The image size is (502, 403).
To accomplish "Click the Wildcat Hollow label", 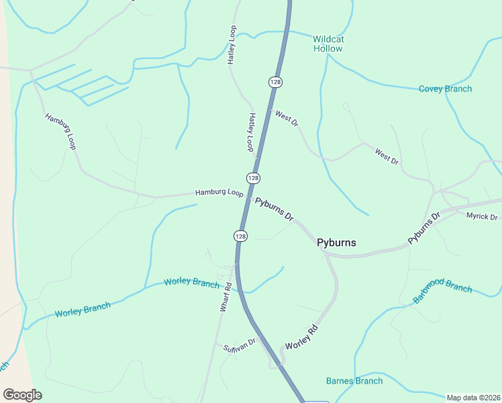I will (328, 44).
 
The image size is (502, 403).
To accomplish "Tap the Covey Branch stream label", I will (445, 89).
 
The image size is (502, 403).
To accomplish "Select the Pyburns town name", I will (336, 242).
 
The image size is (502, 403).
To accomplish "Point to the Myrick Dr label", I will (482, 216).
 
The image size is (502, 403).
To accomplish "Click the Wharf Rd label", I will (225, 296).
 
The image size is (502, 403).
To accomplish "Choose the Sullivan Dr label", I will (240, 345).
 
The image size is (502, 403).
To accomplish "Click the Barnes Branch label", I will (354, 381).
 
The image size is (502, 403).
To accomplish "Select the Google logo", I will (22, 394).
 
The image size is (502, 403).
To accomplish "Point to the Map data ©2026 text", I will (473, 398).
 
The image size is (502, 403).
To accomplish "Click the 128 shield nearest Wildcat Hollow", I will (275, 82).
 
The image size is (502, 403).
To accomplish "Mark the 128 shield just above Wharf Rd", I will (241, 236).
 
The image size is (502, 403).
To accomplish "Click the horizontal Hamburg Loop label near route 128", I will (219, 193).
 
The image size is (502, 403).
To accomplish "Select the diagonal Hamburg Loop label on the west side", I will (60, 131).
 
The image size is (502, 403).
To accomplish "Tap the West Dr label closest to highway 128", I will (287, 118).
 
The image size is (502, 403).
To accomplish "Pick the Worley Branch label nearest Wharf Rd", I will (191, 283).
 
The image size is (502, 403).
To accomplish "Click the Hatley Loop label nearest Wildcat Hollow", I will (232, 45).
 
